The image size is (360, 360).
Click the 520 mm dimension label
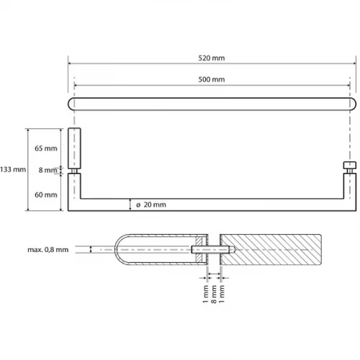(x=212, y=58)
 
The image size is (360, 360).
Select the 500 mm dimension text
(x=212, y=79)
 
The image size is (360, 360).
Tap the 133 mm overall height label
(x=13, y=169)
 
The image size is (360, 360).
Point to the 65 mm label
(x=46, y=148)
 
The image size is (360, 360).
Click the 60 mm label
(x=46, y=194)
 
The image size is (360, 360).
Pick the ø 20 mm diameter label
(x=151, y=204)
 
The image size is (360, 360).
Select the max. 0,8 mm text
(x=48, y=250)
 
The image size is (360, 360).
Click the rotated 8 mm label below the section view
(x=214, y=294)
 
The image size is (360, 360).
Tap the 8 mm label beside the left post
(x=48, y=170)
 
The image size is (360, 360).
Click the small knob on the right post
(x=350, y=165)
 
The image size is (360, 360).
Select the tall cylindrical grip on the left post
(x=74, y=148)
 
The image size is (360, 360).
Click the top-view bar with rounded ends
(x=212, y=104)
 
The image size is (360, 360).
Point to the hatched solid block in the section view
(x=271, y=250)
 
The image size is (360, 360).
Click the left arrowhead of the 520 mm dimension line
(x=70, y=63)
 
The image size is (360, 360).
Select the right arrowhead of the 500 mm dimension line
(x=348, y=85)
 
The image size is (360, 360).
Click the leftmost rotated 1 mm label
(x=205, y=294)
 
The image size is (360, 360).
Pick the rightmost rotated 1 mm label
(x=222, y=294)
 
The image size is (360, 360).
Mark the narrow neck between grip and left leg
(x=74, y=171)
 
